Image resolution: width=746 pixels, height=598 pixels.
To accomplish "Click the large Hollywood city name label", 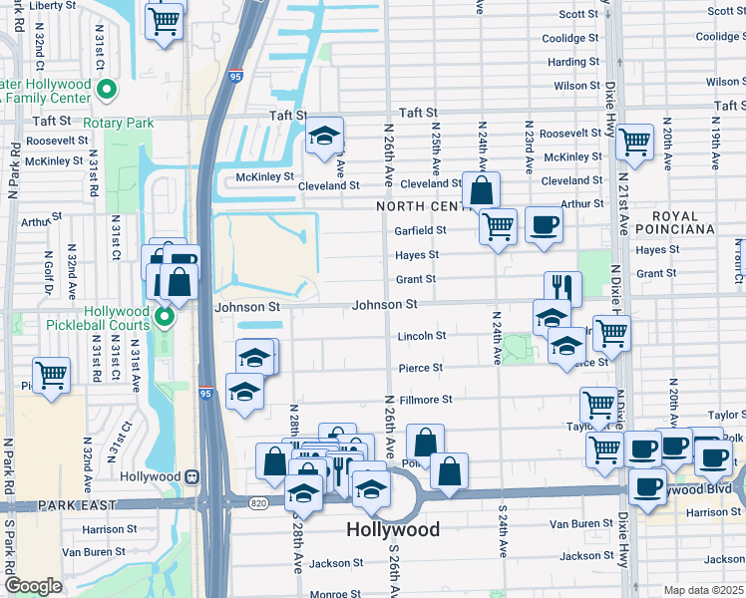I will click(392, 529).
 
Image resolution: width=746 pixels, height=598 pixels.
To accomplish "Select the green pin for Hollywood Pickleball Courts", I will click(165, 318).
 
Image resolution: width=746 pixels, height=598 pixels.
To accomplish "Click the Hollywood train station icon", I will click(198, 476).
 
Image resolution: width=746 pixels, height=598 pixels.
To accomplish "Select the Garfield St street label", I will click(420, 230).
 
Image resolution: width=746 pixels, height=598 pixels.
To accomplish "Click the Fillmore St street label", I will click(426, 400).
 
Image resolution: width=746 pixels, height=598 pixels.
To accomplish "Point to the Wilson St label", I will click(576, 86).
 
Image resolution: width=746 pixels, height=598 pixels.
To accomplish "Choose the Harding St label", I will click(573, 62).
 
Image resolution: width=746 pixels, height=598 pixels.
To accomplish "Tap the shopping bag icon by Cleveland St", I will click(481, 190).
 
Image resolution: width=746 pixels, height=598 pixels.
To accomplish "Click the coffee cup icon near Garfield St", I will click(544, 224).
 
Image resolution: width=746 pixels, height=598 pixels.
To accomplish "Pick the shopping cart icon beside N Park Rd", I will click(51, 375).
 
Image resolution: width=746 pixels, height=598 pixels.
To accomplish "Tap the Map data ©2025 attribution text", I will click(702, 590).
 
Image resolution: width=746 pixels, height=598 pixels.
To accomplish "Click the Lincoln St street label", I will click(421, 336).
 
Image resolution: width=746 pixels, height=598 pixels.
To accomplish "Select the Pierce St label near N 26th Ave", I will click(421, 368).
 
